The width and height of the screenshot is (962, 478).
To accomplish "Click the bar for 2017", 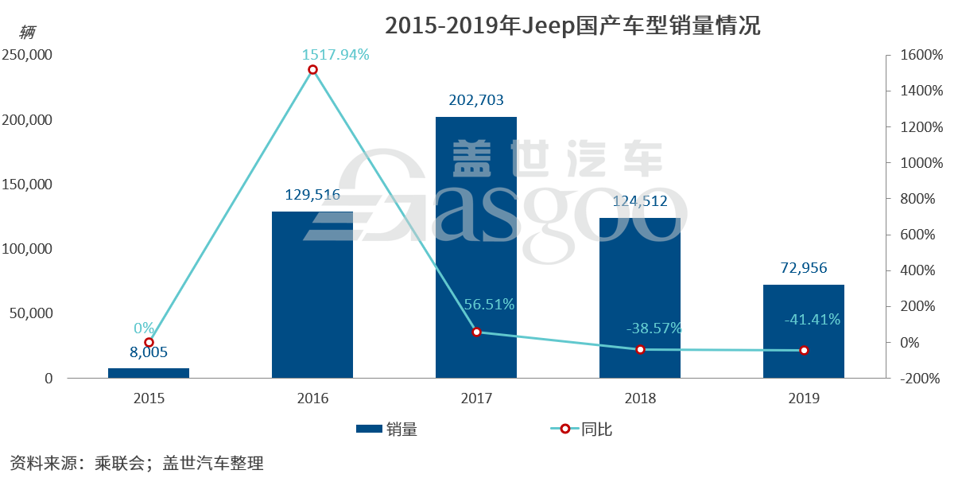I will pos(475,247).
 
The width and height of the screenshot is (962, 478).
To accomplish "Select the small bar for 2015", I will pos(149,373).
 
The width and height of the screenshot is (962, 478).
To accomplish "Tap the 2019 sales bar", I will pos(803,331).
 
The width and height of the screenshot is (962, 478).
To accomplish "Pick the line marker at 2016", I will pos(312,70).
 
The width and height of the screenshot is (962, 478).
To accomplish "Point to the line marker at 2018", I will pos(640,349).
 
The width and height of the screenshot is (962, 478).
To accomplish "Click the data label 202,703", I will pos(475,101).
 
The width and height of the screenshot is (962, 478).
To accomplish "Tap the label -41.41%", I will pos(811,320).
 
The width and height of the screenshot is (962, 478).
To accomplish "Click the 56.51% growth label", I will pos(489,305).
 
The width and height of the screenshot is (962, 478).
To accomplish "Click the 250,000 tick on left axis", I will pos(27,56).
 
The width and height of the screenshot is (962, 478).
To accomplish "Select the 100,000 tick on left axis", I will pos(27,250).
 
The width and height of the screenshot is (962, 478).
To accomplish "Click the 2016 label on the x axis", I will pos(312,398).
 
